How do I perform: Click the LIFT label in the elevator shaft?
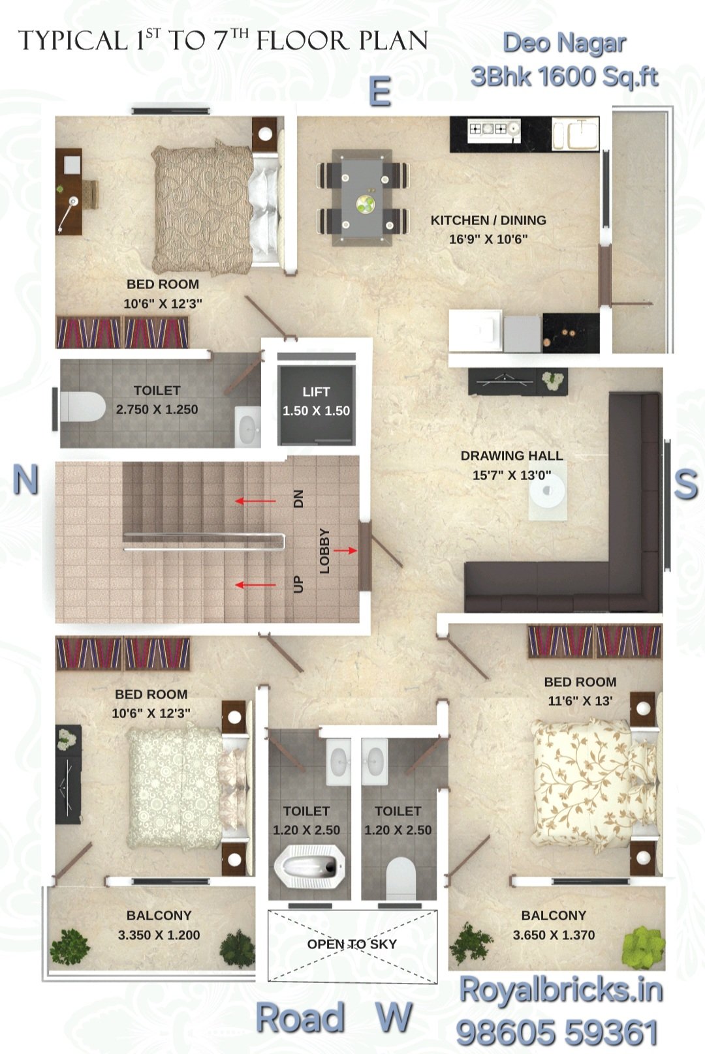pos(316,391)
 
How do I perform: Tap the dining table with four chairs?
pos(362,198)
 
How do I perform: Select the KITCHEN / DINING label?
pos(488,220)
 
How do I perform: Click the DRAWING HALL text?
pos(511,455)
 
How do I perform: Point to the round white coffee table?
pos(547,490)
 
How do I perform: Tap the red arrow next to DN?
pos(255,501)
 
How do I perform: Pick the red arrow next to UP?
pos(255,585)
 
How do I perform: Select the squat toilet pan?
pos(309,865)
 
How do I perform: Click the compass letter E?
pos(379,92)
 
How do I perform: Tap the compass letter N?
pos(25,479)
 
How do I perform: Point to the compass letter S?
pos(685,484)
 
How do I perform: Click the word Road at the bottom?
pos(300,1017)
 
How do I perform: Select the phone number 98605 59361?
pos(557,1033)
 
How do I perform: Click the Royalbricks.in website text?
pos(561,989)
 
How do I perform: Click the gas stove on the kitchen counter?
pos(493,128)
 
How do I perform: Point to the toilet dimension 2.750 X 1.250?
pos(157,410)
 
